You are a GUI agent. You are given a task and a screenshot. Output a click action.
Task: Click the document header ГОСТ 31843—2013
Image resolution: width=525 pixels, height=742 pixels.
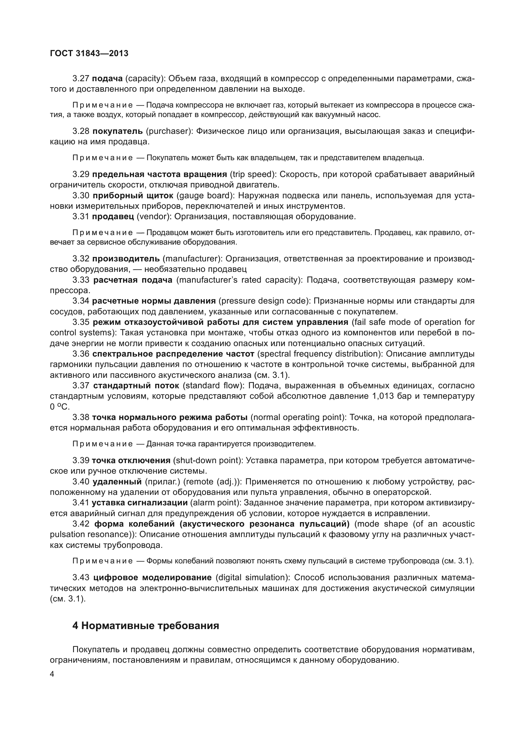point(89,53)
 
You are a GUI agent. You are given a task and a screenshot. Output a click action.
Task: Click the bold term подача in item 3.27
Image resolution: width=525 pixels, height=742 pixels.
point(107,79)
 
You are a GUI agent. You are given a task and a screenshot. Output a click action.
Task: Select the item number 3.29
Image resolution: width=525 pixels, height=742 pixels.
point(81,174)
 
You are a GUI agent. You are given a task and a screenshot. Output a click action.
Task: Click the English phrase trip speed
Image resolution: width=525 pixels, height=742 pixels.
point(253,174)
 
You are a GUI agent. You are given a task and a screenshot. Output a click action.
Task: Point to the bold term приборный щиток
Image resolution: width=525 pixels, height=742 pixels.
point(133,196)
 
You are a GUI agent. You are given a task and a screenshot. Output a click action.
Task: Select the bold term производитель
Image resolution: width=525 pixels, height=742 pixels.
point(126,259)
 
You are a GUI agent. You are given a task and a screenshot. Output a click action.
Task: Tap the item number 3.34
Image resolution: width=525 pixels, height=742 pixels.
point(81,301)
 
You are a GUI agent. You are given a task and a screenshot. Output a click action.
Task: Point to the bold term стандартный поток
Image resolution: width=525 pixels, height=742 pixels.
point(136,386)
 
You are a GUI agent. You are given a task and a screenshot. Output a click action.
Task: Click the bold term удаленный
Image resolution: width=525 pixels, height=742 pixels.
point(117,482)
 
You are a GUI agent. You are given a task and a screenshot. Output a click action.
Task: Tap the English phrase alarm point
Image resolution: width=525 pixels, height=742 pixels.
point(215,503)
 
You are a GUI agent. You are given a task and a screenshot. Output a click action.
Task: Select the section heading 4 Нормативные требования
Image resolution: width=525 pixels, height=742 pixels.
point(146,626)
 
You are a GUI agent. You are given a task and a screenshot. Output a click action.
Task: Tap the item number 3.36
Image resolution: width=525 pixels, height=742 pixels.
point(81,354)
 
